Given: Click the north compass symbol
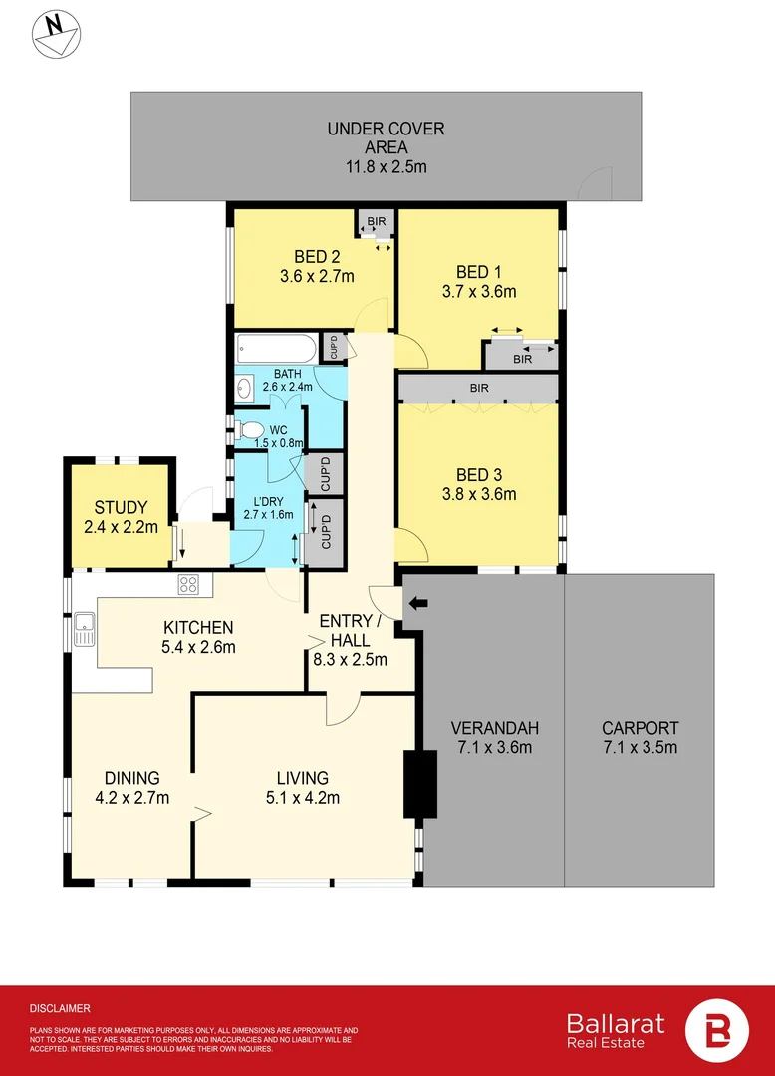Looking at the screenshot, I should click(56, 31).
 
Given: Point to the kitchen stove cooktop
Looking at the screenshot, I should click(189, 584).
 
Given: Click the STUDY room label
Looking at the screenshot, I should click(121, 507).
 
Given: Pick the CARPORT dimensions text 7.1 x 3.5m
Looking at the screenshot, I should click(640, 747).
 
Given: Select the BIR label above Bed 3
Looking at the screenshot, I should click(478, 387).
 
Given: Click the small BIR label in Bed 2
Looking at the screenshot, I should click(377, 220).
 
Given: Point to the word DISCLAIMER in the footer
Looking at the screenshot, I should click(60, 1008).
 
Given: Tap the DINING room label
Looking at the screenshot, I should click(132, 778).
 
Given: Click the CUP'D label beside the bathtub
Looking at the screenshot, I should click(333, 347).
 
